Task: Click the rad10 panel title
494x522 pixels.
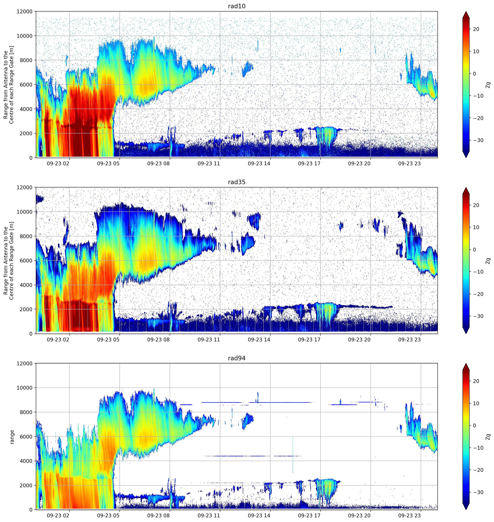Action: [x=236, y=6]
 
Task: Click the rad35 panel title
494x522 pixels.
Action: [x=236, y=182]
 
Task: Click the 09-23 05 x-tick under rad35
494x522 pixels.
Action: [x=108, y=340]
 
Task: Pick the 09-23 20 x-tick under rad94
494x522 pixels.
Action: [x=359, y=515]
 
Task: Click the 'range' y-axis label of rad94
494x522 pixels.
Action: [x=12, y=437]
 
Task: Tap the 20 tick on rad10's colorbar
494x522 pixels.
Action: [x=476, y=29]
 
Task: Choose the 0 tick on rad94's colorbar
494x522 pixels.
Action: [x=475, y=426]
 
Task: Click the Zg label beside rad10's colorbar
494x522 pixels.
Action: [x=488, y=85]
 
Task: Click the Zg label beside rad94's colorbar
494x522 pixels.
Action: [x=488, y=437]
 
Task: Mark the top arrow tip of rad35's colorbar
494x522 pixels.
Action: [x=466, y=188]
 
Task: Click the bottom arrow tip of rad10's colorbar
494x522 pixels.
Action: [x=466, y=157]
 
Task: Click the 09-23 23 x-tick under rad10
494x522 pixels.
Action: [x=409, y=164]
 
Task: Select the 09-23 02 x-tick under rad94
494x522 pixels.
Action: [x=58, y=515]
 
